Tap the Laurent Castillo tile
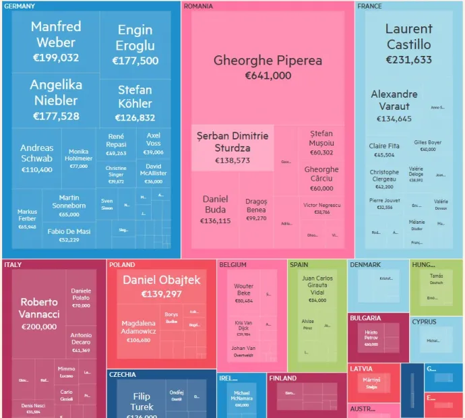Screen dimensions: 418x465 coord(408,44)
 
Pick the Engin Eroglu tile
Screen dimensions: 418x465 coord(135,46)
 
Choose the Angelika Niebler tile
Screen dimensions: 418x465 coord(56,100)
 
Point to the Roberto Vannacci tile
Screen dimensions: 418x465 coord(39,314)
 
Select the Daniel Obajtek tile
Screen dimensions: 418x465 coord(161,287)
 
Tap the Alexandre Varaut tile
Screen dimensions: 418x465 coord(394,106)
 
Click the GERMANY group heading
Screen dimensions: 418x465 coord(20,6)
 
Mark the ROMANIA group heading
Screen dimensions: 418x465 coord(198,6)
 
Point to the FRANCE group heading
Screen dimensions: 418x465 coord(369,6)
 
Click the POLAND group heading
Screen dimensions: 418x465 coord(122,265)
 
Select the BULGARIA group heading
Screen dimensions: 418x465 coord(366,318)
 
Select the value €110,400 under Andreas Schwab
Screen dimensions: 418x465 coord(36,170)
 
